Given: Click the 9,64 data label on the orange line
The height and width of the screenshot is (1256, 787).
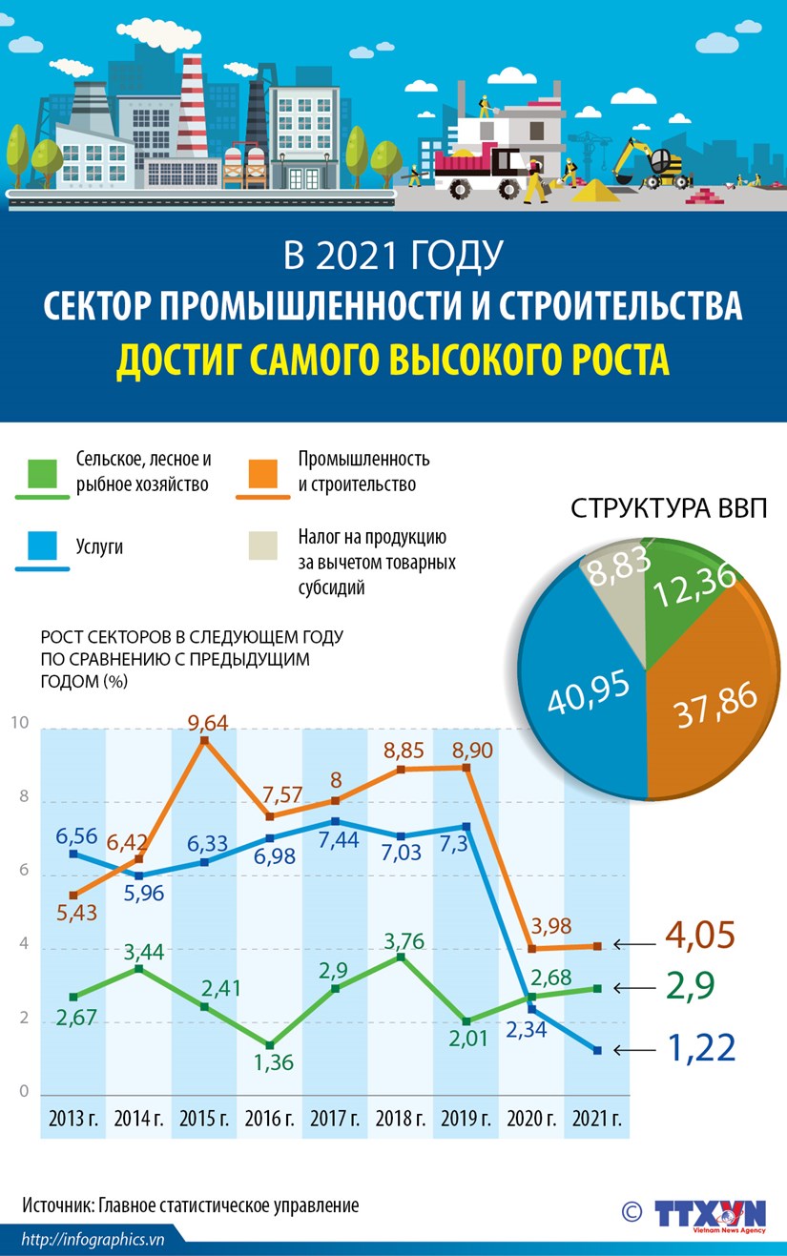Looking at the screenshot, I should (208, 723).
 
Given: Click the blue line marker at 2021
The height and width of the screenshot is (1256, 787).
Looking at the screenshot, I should (597, 1050).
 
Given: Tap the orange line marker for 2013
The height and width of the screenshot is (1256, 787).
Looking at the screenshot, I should (74, 895).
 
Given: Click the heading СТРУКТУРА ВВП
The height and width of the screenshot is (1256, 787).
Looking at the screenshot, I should (668, 507).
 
